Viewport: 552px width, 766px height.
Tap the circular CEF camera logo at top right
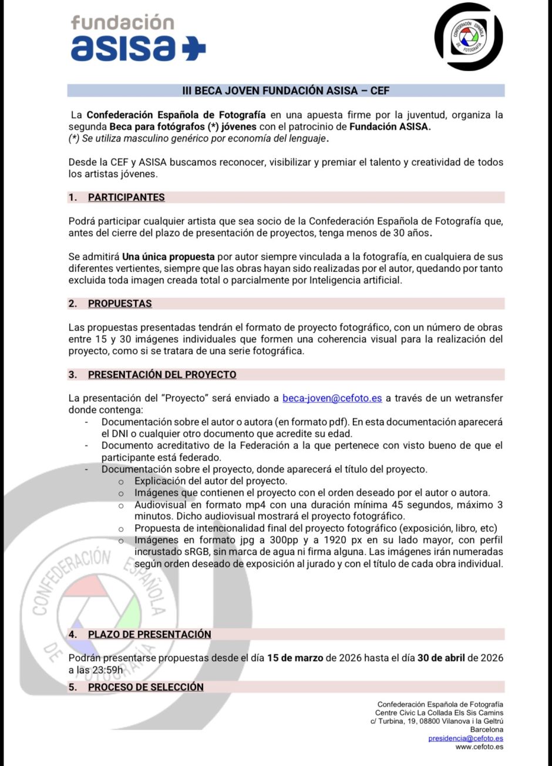(468, 36)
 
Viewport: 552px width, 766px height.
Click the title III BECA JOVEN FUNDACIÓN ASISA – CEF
(286, 90)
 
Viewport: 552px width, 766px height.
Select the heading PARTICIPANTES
(126, 197)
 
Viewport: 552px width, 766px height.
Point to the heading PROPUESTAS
(120, 304)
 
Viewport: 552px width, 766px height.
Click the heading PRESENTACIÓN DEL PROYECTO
(162, 375)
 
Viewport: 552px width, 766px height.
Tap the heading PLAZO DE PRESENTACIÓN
(149, 634)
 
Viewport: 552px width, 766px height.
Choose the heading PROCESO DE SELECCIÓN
(146, 687)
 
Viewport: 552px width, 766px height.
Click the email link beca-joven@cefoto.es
(332, 398)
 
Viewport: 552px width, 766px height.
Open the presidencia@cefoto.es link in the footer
(466, 738)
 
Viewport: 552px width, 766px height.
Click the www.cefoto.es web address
(479, 747)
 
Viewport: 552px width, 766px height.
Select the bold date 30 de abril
(443, 658)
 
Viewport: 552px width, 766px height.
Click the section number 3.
(72, 375)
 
